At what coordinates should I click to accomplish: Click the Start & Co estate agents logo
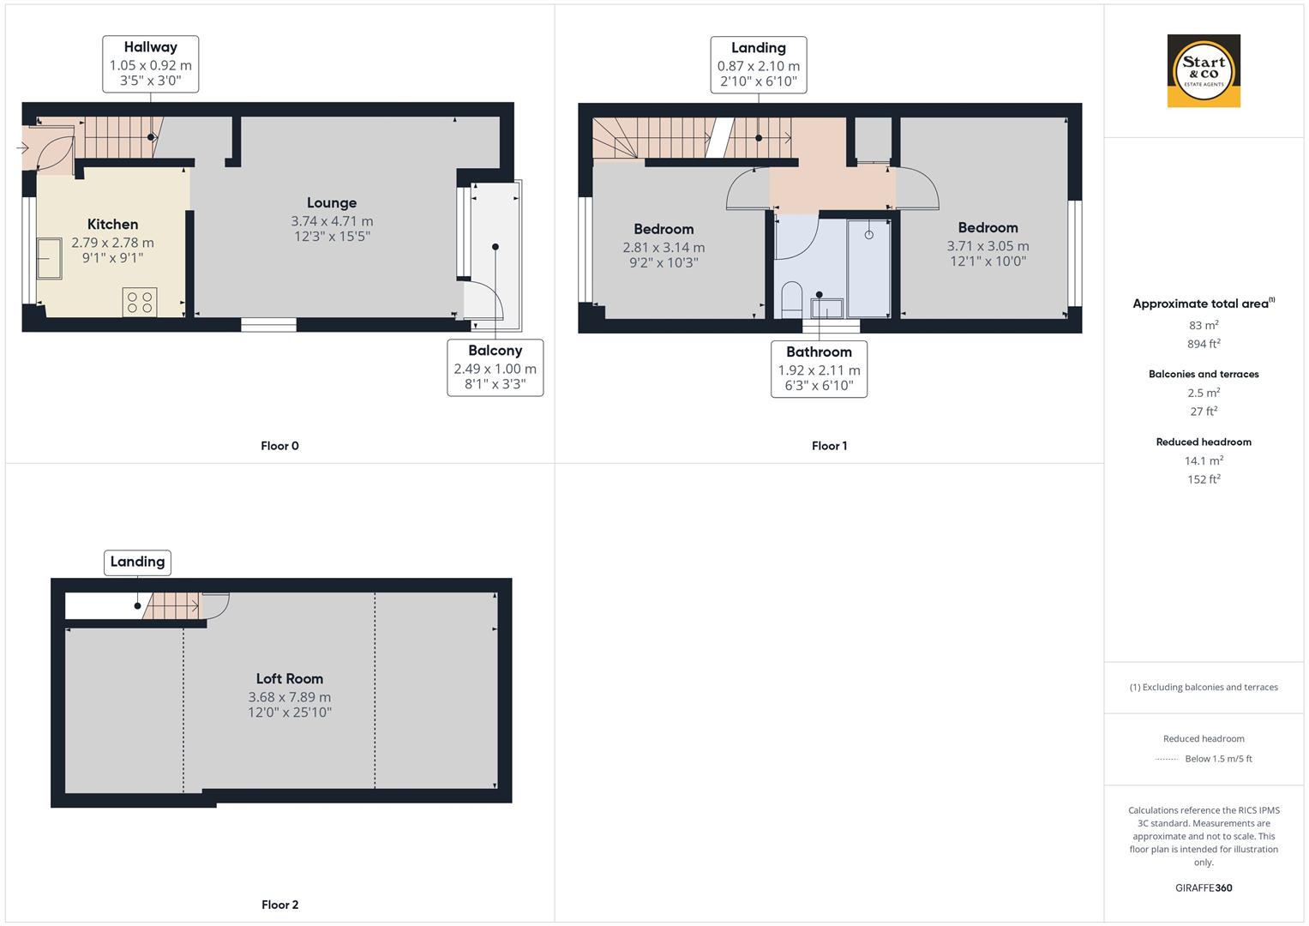1204,70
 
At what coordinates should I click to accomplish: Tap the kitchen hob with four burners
140,302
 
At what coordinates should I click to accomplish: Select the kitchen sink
49,258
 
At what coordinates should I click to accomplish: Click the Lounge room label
332,203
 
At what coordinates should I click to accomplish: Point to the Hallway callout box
151,64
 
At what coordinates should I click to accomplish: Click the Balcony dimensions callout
495,368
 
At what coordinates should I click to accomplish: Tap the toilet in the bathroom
792,300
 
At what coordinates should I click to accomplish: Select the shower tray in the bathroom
869,269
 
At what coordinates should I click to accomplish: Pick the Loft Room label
289,679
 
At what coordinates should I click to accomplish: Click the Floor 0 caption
280,446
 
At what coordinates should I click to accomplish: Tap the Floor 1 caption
829,446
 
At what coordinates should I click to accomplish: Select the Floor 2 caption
280,905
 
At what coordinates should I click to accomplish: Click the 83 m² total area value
1204,325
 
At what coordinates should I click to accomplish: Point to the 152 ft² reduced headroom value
1204,479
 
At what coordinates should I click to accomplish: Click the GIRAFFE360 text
1204,887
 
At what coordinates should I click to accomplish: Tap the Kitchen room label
113,225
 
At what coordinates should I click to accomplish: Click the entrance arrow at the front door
23,147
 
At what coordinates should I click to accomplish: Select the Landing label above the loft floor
137,562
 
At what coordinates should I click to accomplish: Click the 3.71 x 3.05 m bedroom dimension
988,246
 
